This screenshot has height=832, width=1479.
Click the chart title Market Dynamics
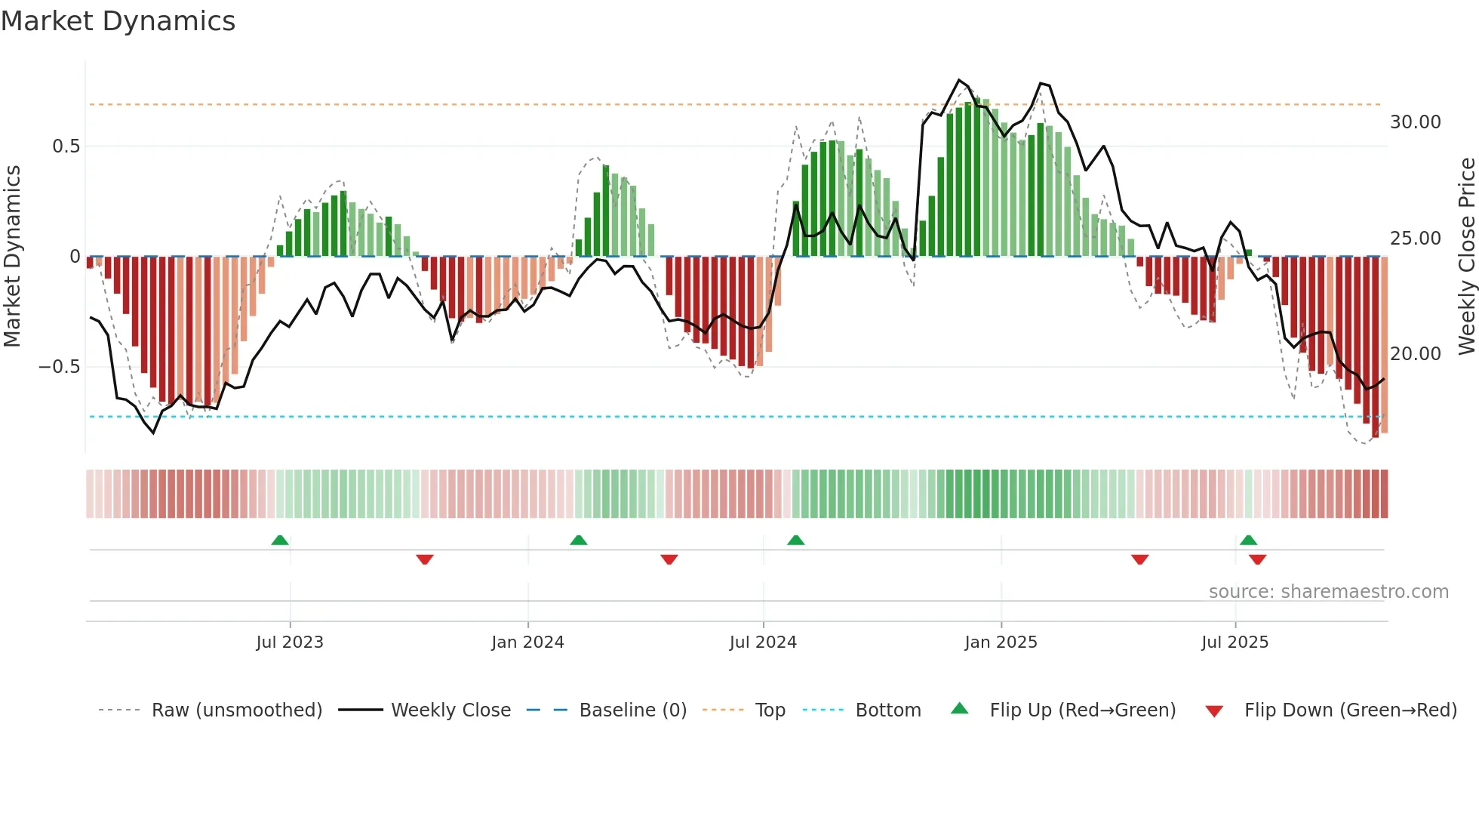tap(118, 21)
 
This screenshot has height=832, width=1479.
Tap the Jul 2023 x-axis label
tap(290, 642)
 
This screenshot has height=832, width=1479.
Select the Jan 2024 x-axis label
tap(527, 642)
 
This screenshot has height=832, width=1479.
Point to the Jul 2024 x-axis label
tap(763, 642)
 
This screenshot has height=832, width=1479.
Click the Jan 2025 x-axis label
tap(1001, 642)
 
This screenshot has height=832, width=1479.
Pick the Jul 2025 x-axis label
tap(1235, 642)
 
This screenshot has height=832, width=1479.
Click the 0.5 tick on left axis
tap(66, 146)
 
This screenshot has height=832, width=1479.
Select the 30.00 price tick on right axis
tap(1415, 122)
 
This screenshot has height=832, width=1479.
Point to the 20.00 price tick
tap(1415, 354)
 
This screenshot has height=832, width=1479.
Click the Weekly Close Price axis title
tap(1466, 257)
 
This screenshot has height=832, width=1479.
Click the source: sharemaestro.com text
tap(1328, 592)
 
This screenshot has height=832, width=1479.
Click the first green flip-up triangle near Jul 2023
tap(280, 540)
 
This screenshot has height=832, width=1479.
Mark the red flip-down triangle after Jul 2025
tap(1257, 559)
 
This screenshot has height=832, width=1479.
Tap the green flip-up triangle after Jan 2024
tap(579, 540)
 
